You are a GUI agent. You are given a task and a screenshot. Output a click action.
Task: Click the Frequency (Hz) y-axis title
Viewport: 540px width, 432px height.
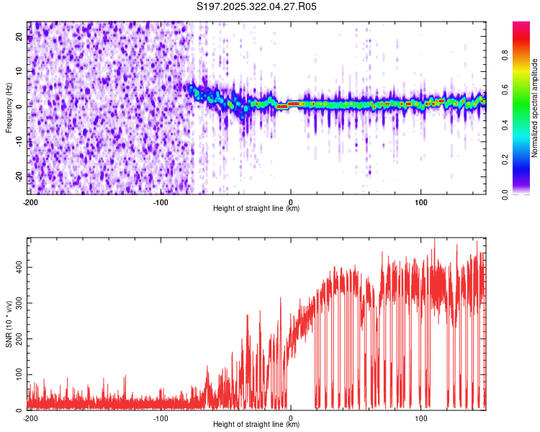click(x=9, y=107)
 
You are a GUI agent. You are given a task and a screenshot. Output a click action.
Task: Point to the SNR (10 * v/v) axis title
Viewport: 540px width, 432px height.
click(x=9, y=323)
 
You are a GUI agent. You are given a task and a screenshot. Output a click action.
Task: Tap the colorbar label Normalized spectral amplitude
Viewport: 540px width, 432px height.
click(x=534, y=108)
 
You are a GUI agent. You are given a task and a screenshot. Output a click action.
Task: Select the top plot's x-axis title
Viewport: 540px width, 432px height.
click(x=256, y=208)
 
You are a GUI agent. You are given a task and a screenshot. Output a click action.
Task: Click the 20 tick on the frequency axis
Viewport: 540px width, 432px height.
click(x=19, y=37)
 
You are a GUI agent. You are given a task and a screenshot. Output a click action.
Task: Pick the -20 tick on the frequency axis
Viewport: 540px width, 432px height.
click(x=17, y=176)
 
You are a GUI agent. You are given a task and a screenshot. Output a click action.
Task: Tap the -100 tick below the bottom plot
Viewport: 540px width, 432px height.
click(x=161, y=418)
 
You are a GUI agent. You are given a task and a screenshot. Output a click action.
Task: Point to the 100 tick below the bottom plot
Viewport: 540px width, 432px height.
click(x=421, y=418)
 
